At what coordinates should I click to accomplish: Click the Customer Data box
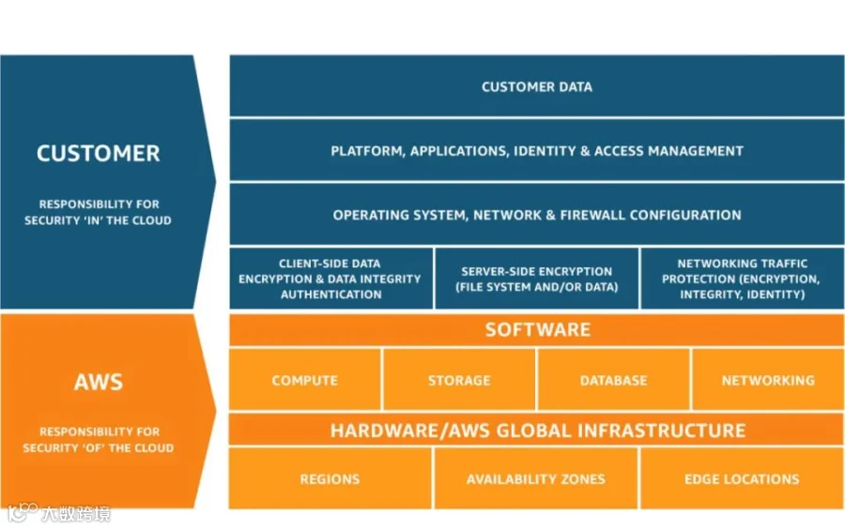(537, 85)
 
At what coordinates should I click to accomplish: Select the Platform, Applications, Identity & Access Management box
(537, 150)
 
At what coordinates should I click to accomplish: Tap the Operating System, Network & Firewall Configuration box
(537, 214)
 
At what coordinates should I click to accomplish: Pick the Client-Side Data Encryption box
(330, 279)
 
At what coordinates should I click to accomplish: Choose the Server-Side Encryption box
(537, 279)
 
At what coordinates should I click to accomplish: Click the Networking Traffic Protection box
(743, 279)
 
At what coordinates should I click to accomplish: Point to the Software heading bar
(537, 329)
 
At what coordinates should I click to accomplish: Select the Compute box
(305, 380)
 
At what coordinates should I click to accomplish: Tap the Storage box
(459, 380)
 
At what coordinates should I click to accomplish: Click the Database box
(614, 380)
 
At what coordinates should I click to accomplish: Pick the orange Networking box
(768, 380)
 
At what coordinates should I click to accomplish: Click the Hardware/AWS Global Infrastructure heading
(537, 430)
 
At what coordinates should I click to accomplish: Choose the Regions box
(330, 478)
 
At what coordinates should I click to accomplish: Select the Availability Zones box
(536, 478)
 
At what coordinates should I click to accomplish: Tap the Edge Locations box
(743, 478)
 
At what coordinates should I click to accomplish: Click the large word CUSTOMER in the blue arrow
(98, 154)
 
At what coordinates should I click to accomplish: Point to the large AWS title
(98, 382)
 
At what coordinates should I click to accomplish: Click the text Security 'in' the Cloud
(98, 220)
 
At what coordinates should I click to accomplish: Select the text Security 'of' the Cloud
(98, 447)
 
